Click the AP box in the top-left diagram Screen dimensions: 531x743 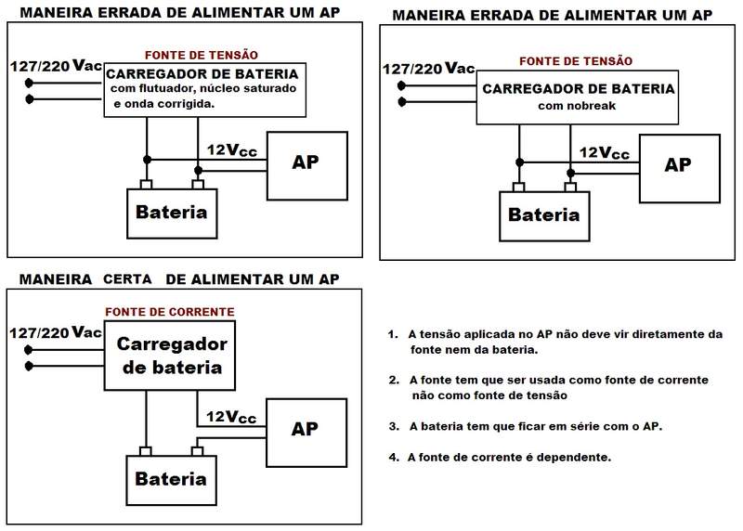coord(306,164)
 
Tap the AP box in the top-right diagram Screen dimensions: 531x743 coord(678,167)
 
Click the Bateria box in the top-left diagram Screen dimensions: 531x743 coord(171,212)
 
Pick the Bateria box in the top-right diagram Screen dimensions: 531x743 coord(544,215)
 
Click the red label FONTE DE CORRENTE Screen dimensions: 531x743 coord(169,312)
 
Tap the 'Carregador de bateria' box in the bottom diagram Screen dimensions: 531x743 coord(172,356)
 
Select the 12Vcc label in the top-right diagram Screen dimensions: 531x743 coord(604,152)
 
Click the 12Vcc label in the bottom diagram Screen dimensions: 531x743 coord(231,416)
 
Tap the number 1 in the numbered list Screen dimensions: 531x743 coord(394,333)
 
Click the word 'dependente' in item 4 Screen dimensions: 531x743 coord(579,458)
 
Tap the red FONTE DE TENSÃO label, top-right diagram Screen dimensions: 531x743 coord(576,61)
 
